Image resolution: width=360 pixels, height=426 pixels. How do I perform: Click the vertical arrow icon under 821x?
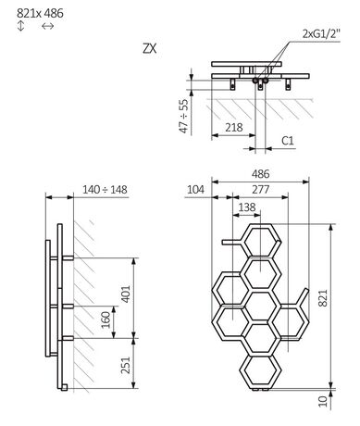pyautogui.click(x=19, y=28)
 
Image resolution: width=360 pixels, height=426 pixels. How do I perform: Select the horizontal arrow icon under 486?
pyautogui.click(x=48, y=28)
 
